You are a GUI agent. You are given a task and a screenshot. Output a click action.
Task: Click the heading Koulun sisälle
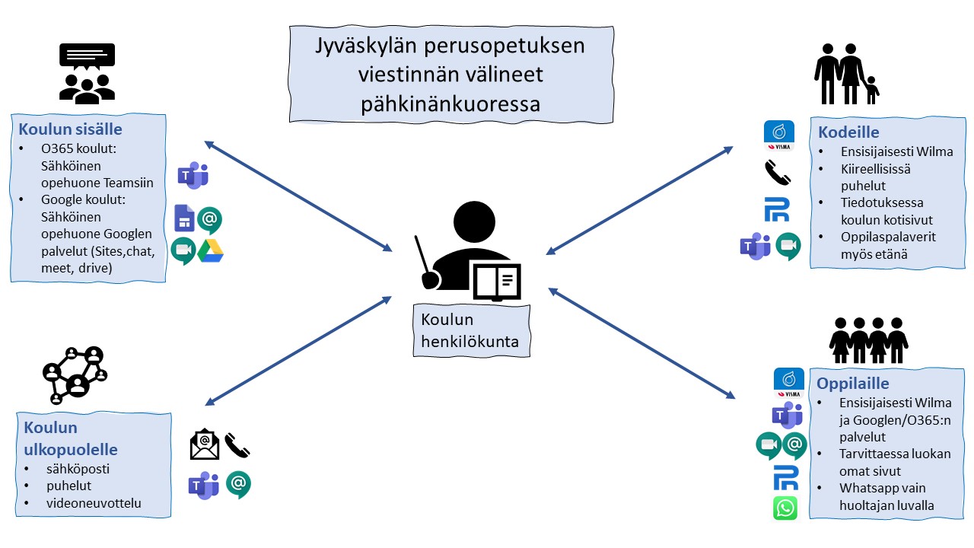click(x=70, y=129)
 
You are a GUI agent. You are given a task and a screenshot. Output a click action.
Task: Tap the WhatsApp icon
click(x=785, y=508)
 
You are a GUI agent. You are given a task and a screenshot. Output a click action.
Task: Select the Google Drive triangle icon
click(x=210, y=251)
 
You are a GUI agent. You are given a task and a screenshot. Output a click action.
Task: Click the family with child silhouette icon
click(x=845, y=74)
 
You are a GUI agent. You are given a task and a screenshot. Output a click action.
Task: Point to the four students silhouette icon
click(x=868, y=340)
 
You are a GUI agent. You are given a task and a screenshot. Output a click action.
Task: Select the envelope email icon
click(x=205, y=445)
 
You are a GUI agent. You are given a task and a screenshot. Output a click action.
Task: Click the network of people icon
click(x=73, y=374)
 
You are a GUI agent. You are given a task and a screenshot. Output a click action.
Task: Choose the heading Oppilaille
click(x=853, y=383)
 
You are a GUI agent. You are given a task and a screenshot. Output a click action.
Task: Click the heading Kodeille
click(x=848, y=132)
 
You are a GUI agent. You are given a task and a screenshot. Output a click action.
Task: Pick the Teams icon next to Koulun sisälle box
click(x=193, y=176)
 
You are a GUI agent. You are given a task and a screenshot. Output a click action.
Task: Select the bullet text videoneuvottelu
click(x=93, y=503)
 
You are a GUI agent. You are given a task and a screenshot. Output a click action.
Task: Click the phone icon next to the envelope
click(x=237, y=445)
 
